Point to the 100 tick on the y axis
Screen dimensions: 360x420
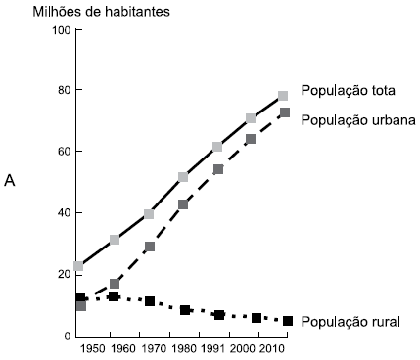coord(61,30)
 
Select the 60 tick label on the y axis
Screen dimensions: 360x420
coord(64,152)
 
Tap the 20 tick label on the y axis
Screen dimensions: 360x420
coord(64,274)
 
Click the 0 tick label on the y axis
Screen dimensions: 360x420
coord(67,336)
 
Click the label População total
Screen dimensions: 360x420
coord(349,91)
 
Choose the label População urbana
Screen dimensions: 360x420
coord(358,119)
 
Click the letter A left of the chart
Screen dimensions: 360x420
coord(10,182)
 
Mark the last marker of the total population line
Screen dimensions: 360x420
coord(283,96)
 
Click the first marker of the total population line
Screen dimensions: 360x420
coord(78,266)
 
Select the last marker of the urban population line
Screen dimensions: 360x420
coord(285,112)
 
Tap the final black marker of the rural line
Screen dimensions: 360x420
coord(287,321)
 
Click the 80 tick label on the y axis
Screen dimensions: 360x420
coord(64,91)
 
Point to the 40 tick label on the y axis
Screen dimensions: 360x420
coord(64,213)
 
